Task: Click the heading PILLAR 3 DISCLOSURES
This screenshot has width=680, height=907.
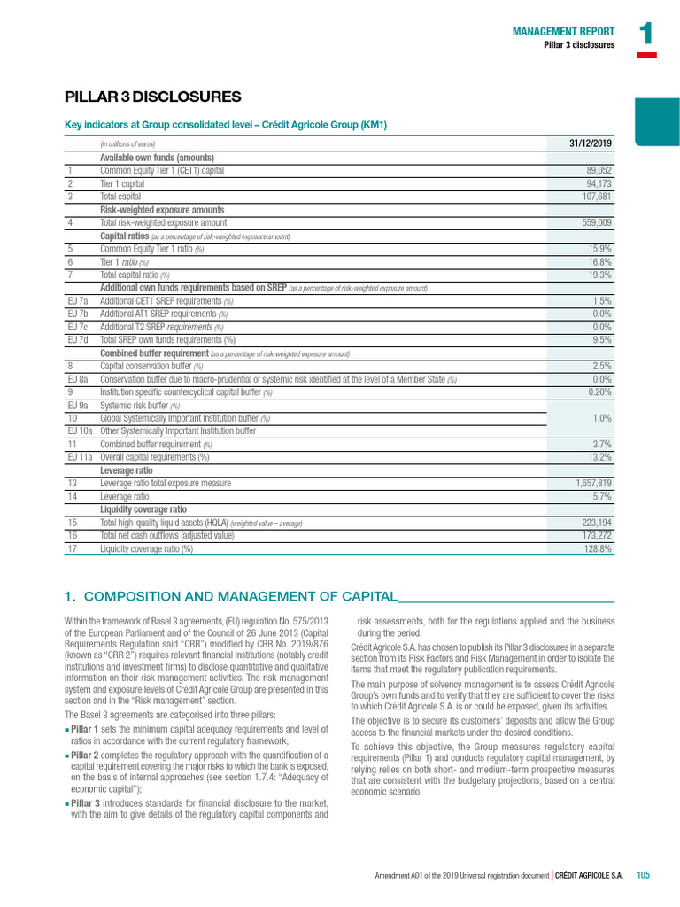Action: [x=153, y=97]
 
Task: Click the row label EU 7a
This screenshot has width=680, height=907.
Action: [x=77, y=301]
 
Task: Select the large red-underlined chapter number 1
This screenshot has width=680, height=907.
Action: [x=646, y=35]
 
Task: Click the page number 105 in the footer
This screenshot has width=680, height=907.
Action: [x=643, y=875]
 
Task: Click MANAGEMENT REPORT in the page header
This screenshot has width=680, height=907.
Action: [x=563, y=31]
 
